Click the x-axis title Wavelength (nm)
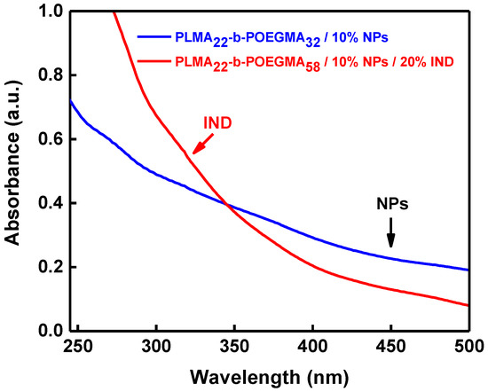[x=266, y=376]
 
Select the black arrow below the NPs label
[x=390, y=235]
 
